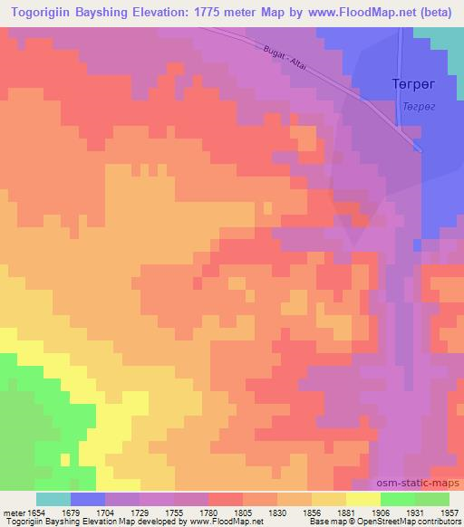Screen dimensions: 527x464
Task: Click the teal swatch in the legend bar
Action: [53, 499]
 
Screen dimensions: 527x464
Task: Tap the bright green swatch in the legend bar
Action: [398, 499]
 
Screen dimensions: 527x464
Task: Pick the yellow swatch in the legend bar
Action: [363, 499]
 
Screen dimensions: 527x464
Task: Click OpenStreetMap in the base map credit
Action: [373, 522]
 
